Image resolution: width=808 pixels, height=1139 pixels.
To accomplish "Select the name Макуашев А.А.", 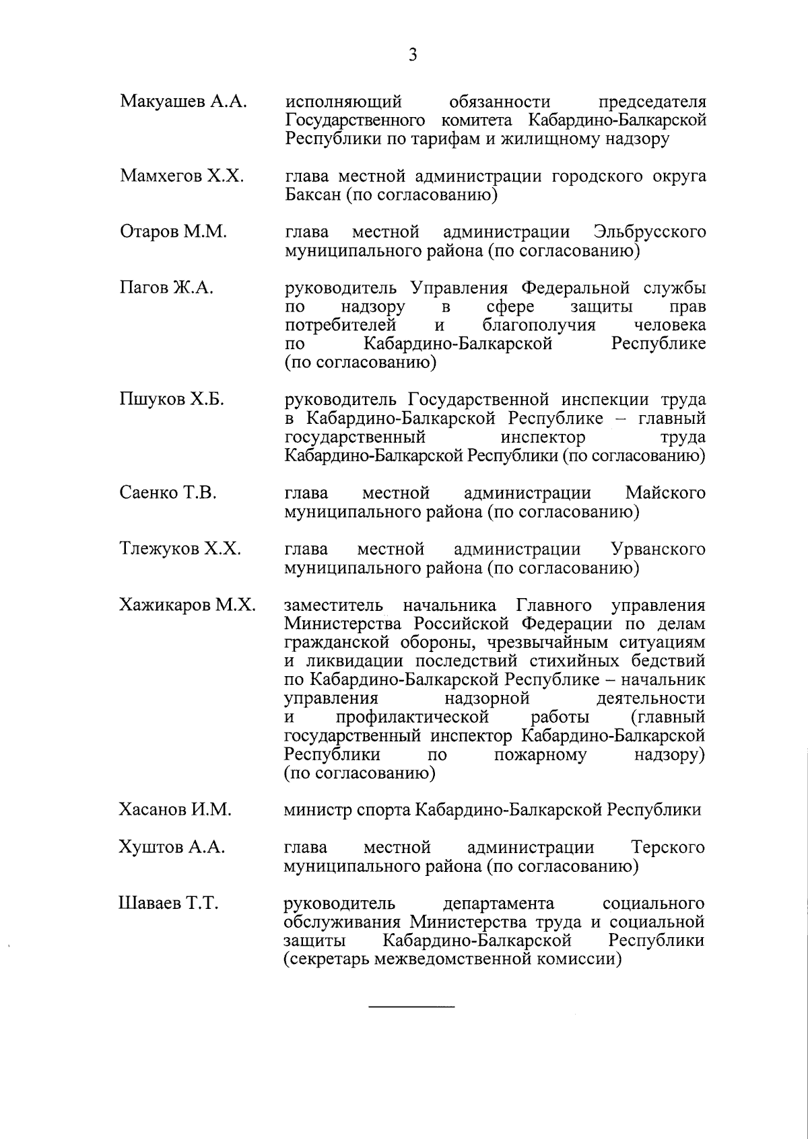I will point(183,102).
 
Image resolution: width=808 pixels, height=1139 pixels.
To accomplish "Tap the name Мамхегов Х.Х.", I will point(182,176).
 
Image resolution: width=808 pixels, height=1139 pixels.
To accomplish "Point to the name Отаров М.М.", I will point(173,232).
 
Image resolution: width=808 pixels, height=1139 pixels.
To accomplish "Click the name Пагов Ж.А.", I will point(166,289).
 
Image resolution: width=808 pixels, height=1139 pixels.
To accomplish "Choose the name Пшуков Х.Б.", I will point(172,400).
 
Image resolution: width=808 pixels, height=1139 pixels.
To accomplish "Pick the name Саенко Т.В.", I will point(168,493).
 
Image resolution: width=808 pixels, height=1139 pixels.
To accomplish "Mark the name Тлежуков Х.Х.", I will point(180,549).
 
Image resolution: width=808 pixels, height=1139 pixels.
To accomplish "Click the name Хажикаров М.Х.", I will point(187,605).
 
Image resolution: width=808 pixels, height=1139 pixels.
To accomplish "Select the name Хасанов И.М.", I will point(175,809).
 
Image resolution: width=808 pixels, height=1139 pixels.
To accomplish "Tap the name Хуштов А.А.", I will point(172,847).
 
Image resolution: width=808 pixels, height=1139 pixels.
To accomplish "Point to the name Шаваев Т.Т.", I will point(168,903).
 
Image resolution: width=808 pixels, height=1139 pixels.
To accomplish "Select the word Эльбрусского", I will point(650,233).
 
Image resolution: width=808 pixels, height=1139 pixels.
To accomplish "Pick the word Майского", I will point(665,493).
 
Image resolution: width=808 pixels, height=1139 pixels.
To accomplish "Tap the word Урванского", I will point(658,549).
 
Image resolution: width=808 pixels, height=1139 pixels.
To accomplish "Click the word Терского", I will point(668,847).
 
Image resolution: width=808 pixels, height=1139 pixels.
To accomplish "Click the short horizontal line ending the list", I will point(411,1006).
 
